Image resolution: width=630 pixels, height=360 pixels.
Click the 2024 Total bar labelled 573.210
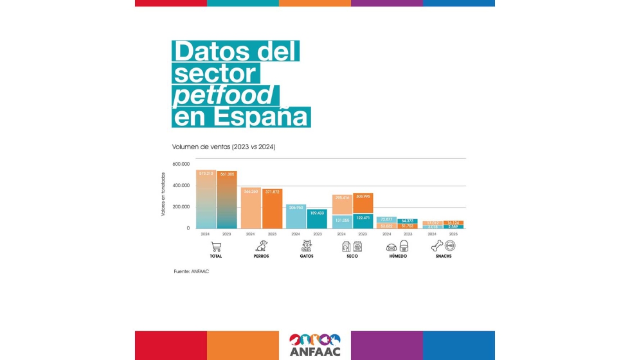[x=206, y=199]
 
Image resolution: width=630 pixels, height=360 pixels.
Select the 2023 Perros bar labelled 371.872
[x=272, y=209]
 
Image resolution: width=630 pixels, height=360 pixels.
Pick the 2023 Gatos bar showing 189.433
[x=317, y=219]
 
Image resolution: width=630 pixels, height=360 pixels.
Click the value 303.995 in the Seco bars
[x=363, y=196]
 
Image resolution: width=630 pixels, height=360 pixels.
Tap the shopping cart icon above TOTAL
[x=216, y=246]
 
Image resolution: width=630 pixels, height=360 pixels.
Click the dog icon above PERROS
[x=261, y=246]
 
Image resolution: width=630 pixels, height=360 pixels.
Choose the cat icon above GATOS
[x=307, y=246]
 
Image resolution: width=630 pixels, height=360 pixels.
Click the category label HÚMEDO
[x=397, y=256]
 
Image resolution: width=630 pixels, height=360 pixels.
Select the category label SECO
[x=352, y=256]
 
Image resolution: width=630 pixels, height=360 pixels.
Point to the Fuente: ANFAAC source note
[x=191, y=271]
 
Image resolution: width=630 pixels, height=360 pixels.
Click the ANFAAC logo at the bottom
[x=315, y=345]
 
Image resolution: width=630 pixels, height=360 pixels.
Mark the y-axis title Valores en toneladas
[x=163, y=193]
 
